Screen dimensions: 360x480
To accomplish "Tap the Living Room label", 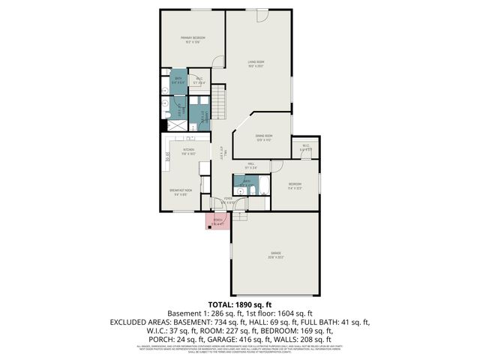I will click(257, 63).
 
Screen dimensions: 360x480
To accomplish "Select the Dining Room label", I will click(263, 137).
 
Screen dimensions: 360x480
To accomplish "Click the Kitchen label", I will click(188, 150).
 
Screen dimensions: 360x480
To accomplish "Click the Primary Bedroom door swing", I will click(217, 63).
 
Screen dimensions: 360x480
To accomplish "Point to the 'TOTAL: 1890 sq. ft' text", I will click(239, 304).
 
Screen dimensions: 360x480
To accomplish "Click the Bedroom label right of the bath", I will click(295, 184).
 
